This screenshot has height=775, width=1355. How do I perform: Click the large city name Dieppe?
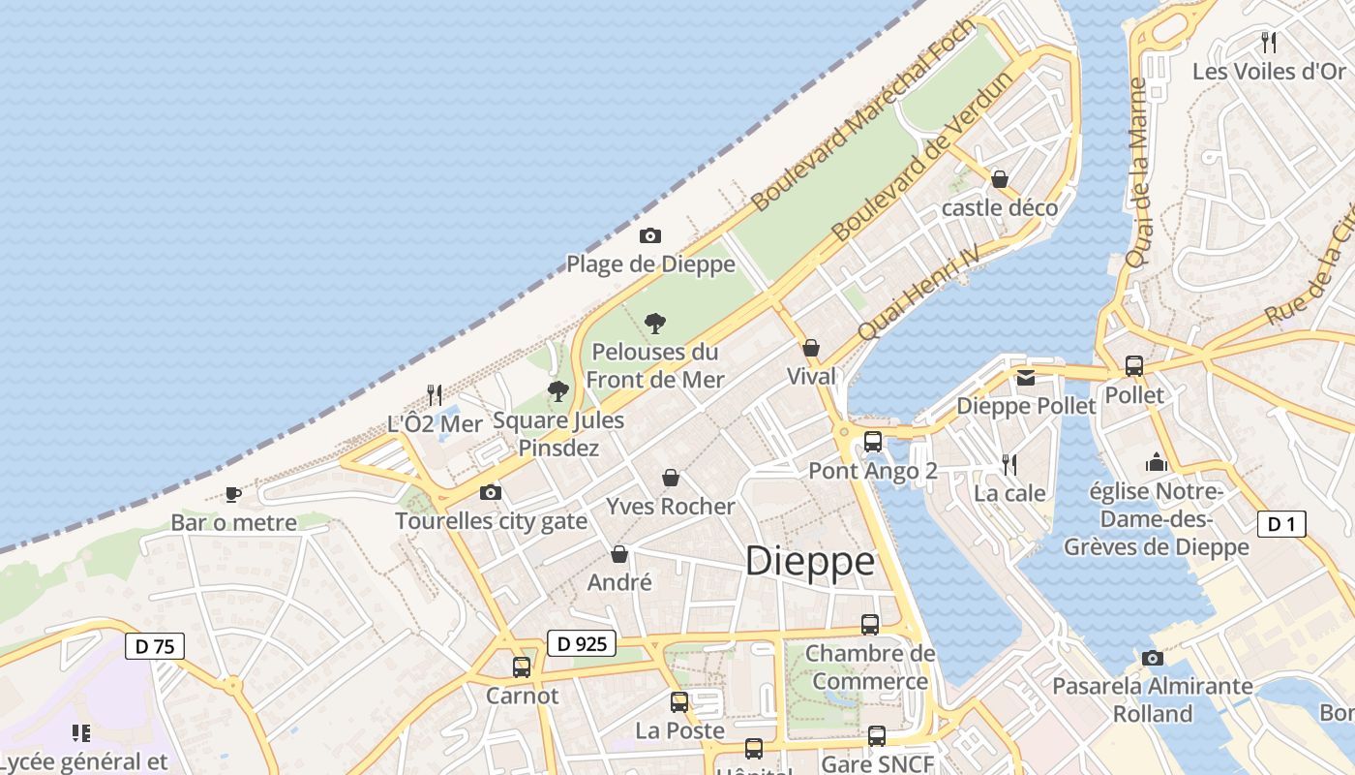click(810, 562)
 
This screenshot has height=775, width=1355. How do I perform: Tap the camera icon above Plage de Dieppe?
click(650, 235)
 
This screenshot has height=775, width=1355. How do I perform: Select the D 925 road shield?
click(582, 643)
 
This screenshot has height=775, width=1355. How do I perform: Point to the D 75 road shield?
click(155, 646)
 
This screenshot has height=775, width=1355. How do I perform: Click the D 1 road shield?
click(1281, 525)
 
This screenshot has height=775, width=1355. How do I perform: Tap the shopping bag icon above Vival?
click(811, 348)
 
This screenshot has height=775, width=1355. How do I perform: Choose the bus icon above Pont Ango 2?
click(872, 442)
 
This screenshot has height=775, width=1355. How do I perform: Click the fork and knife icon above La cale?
click(1009, 465)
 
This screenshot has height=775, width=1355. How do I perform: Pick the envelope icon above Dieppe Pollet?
click(1026, 378)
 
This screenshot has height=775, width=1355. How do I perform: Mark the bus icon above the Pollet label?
click(1134, 366)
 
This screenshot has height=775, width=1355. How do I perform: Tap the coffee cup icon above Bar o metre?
click(233, 494)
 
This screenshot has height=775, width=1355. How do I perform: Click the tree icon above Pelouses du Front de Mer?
click(655, 323)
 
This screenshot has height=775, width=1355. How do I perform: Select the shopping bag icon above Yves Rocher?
click(670, 478)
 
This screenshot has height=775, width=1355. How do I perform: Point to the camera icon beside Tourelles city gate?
click(491, 492)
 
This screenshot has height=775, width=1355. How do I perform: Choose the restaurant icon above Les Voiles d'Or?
click(1269, 42)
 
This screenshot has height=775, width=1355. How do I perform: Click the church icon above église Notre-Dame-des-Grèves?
click(1156, 463)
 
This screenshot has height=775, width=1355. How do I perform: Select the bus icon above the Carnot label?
click(522, 666)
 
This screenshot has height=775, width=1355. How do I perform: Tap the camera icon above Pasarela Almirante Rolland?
click(1152, 658)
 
